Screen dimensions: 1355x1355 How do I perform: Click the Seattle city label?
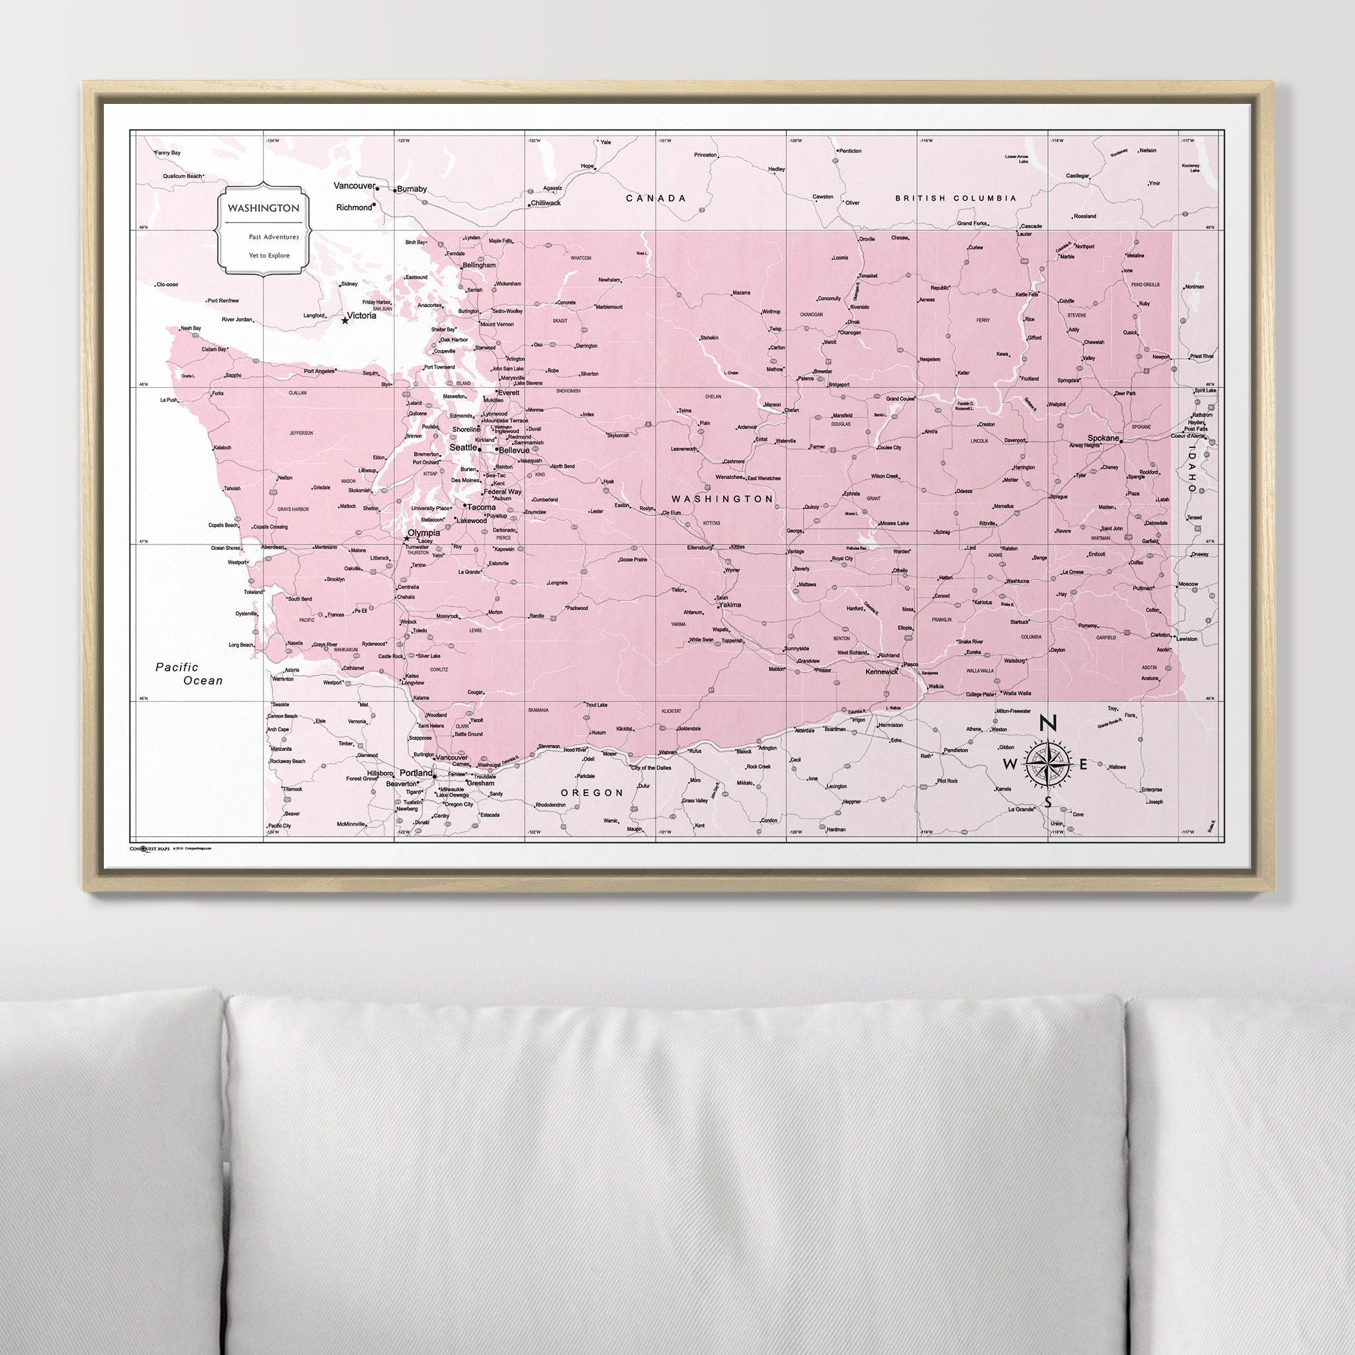pos(462,447)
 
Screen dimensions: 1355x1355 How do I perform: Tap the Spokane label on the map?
pos(1103,437)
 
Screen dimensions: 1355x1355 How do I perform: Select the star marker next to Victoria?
pos(344,320)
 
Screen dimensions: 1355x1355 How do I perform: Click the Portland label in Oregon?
pos(416,773)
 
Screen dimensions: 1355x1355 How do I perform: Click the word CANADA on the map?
pos(656,198)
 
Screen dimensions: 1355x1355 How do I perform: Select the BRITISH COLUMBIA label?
pos(955,198)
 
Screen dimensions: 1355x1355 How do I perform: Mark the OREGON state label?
pos(592,793)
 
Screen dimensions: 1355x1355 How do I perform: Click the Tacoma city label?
pos(481,507)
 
